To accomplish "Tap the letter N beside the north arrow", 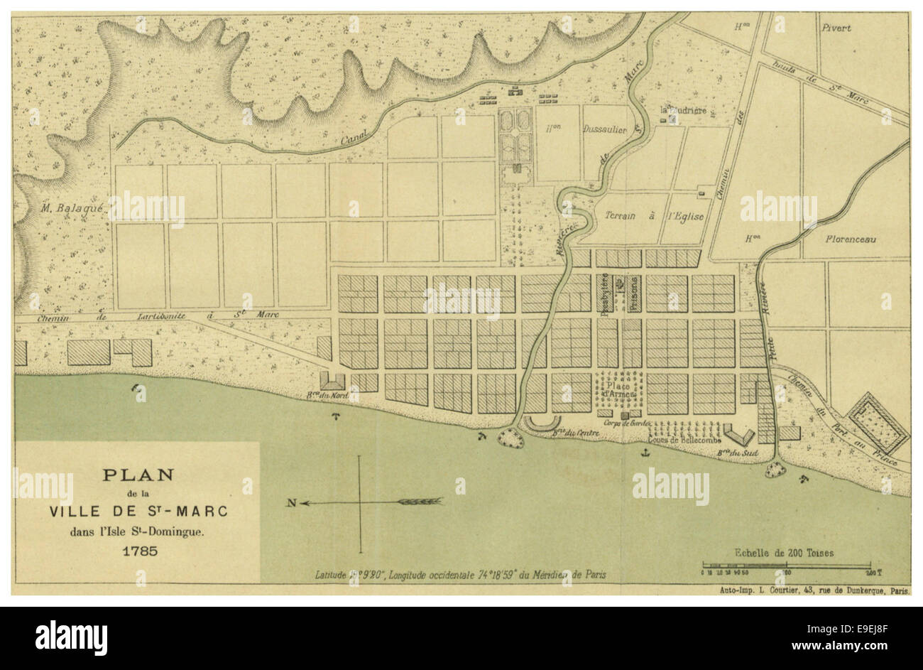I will [291, 503].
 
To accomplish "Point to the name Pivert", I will [836, 28].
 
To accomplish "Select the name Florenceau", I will [850, 239].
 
